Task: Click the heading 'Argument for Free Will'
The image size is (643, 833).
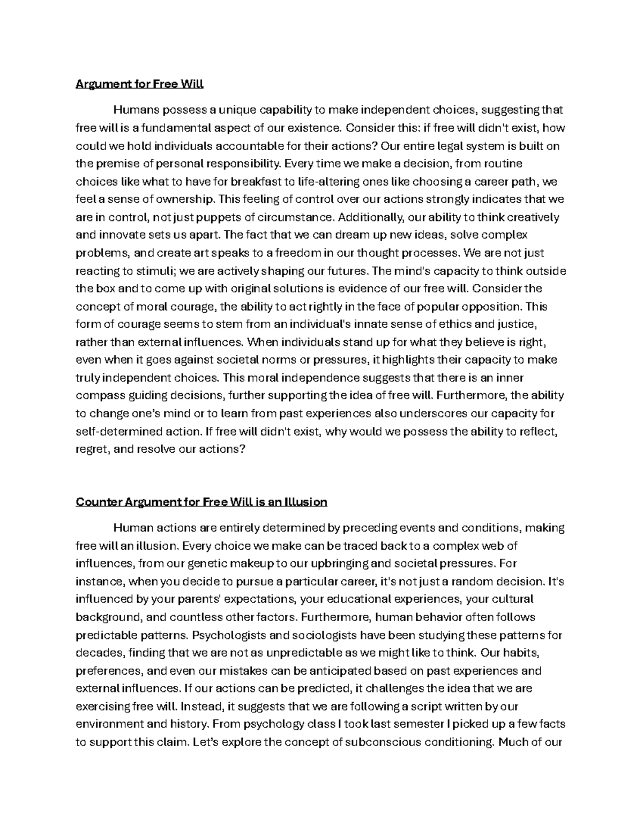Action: pyautogui.click(x=140, y=84)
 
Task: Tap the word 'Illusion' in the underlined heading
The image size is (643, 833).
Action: pyautogui.click(x=303, y=502)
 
